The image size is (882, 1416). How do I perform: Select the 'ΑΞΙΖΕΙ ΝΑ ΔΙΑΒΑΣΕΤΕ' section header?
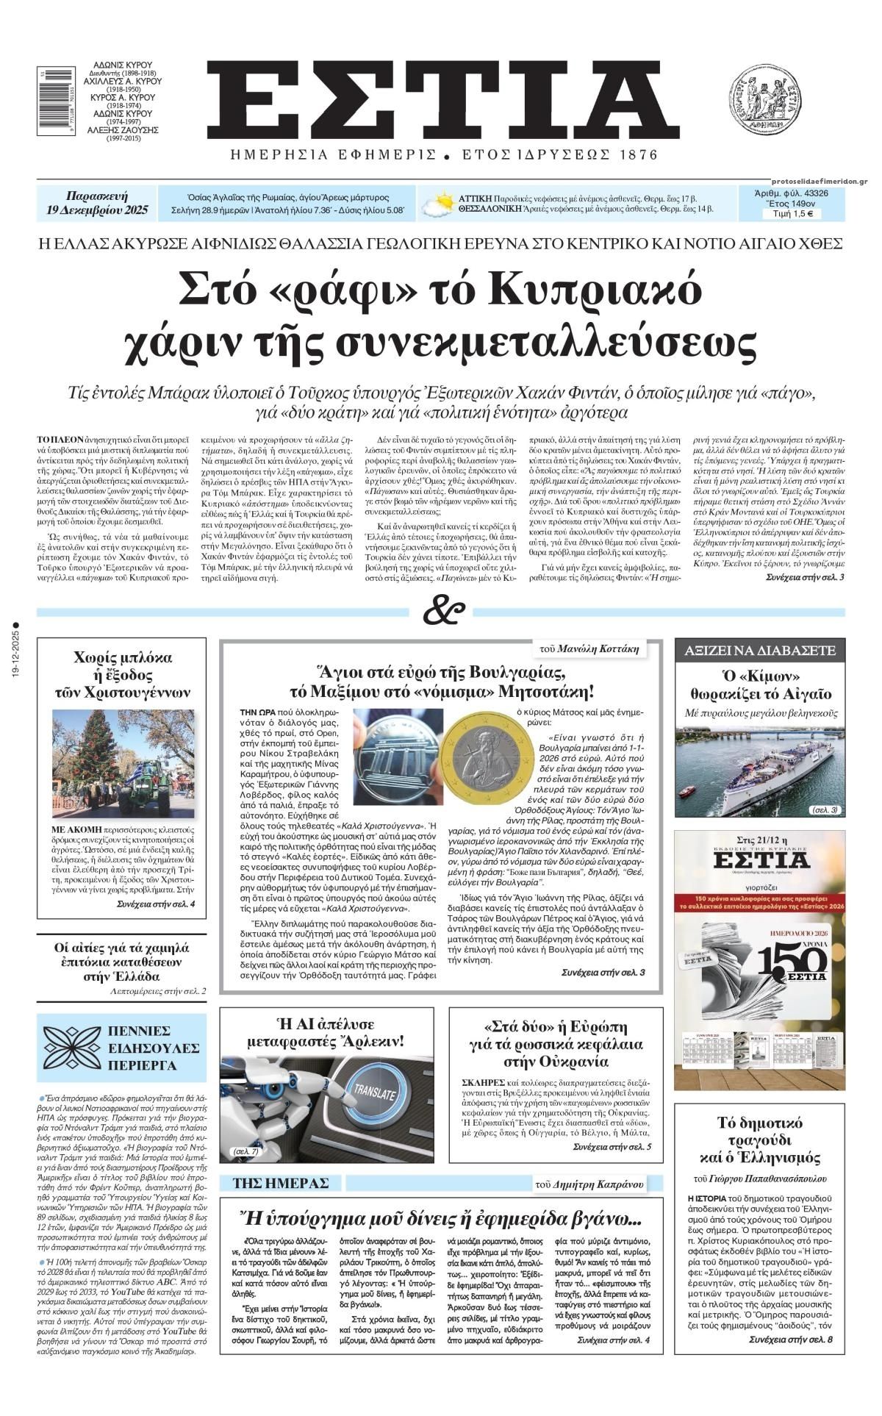(x=760, y=650)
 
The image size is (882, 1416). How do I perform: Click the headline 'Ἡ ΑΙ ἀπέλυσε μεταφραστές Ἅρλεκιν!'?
(x=330, y=1034)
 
